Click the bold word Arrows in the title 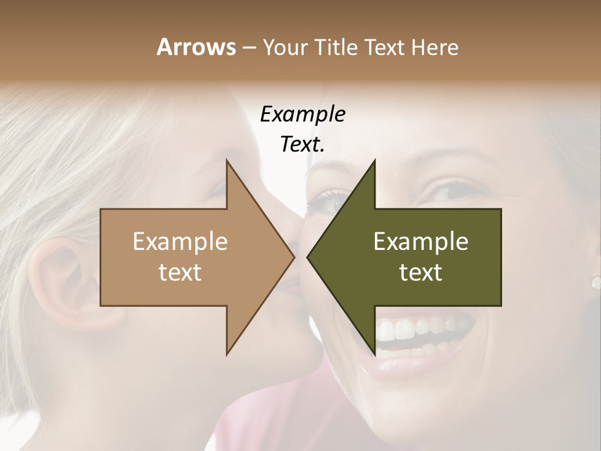coord(195,47)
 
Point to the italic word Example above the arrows coord(302,114)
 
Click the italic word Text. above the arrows coord(302,144)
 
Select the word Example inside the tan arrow coord(180,241)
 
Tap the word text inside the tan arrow coord(180,272)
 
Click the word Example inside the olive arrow coord(421,241)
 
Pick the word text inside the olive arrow coord(421,272)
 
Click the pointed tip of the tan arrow coord(294,257)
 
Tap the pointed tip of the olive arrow coord(307,257)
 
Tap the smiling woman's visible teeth coord(426,329)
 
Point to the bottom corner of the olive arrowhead coord(374,355)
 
